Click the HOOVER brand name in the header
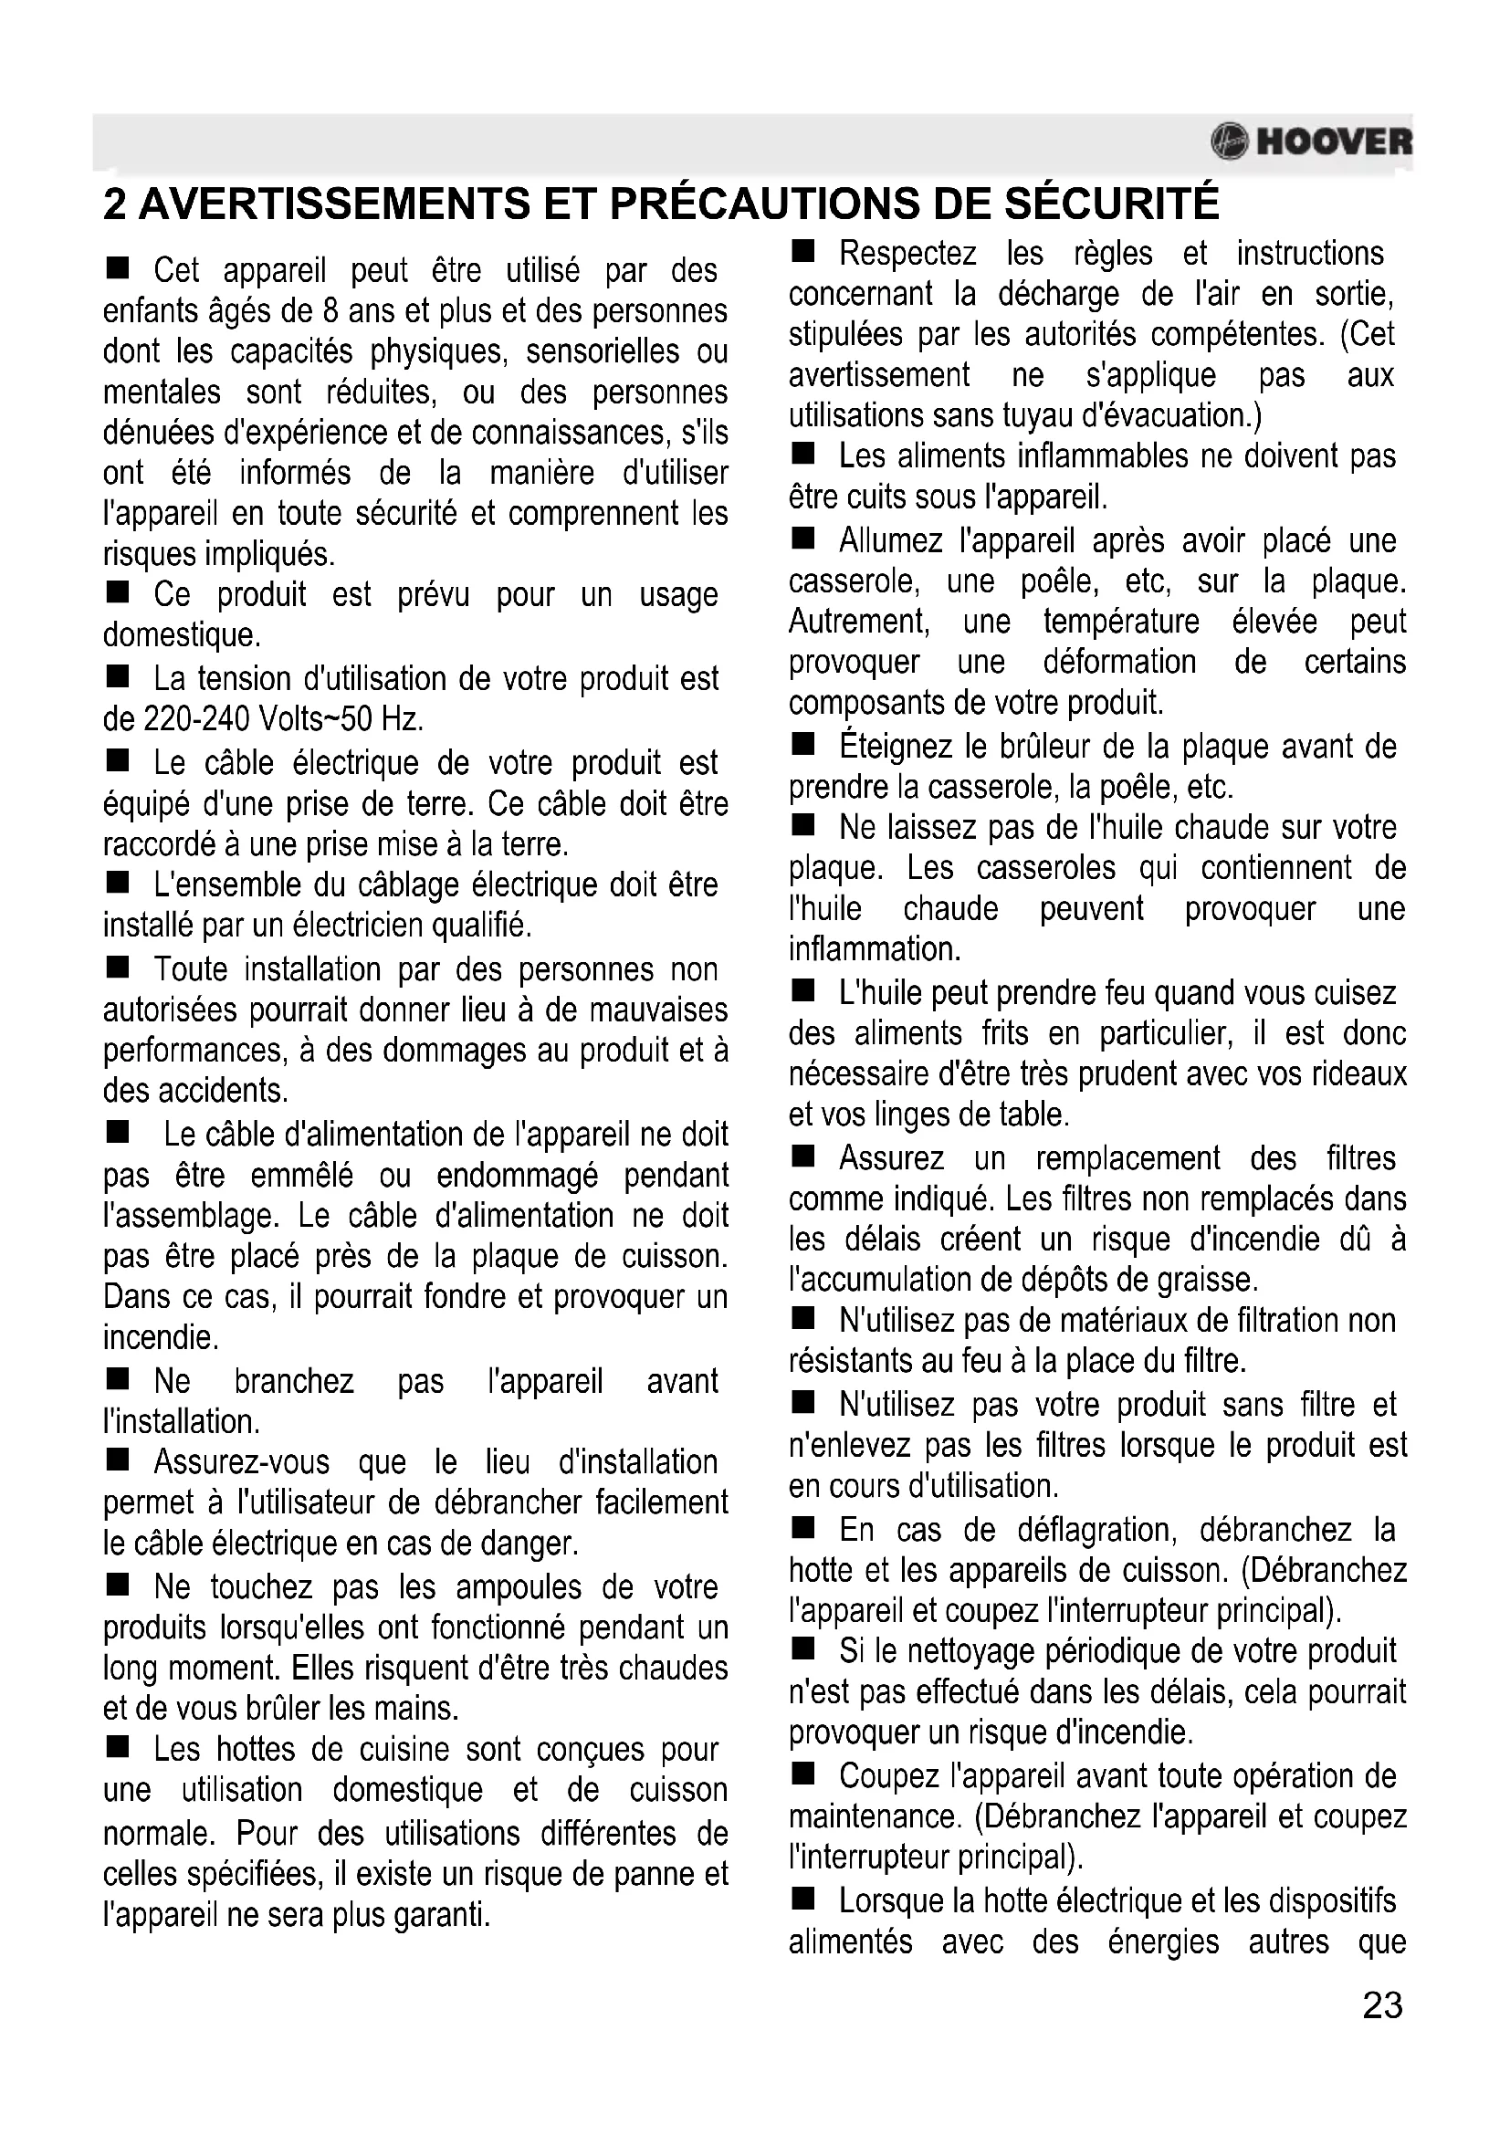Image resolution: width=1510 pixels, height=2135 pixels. [1333, 142]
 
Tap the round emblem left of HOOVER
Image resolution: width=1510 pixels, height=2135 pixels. [1229, 142]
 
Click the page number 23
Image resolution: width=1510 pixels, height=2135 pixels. [1381, 2005]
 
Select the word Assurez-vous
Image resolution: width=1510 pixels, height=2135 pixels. [242, 1461]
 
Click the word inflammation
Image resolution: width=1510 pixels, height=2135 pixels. [874, 949]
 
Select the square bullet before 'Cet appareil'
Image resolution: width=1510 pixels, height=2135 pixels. [117, 269]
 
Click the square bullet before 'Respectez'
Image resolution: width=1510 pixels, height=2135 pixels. [802, 252]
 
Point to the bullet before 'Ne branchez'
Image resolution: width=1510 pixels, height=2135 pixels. [117, 1380]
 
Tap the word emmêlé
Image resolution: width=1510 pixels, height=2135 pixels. [302, 1176]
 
